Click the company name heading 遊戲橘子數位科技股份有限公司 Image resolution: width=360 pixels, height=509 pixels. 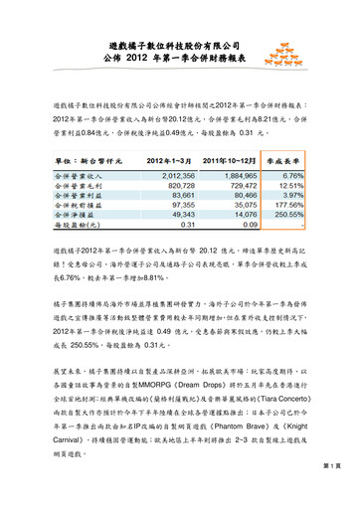(180, 46)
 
